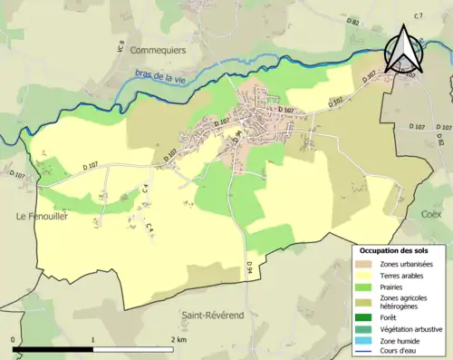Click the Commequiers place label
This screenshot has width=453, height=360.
pos(158,50)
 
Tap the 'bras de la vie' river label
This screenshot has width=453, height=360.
pos(155,76)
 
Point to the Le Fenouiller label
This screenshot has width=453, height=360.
pos(43,217)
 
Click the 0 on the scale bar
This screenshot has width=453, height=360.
pos(14,339)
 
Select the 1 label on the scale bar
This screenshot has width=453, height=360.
pos(93,339)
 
